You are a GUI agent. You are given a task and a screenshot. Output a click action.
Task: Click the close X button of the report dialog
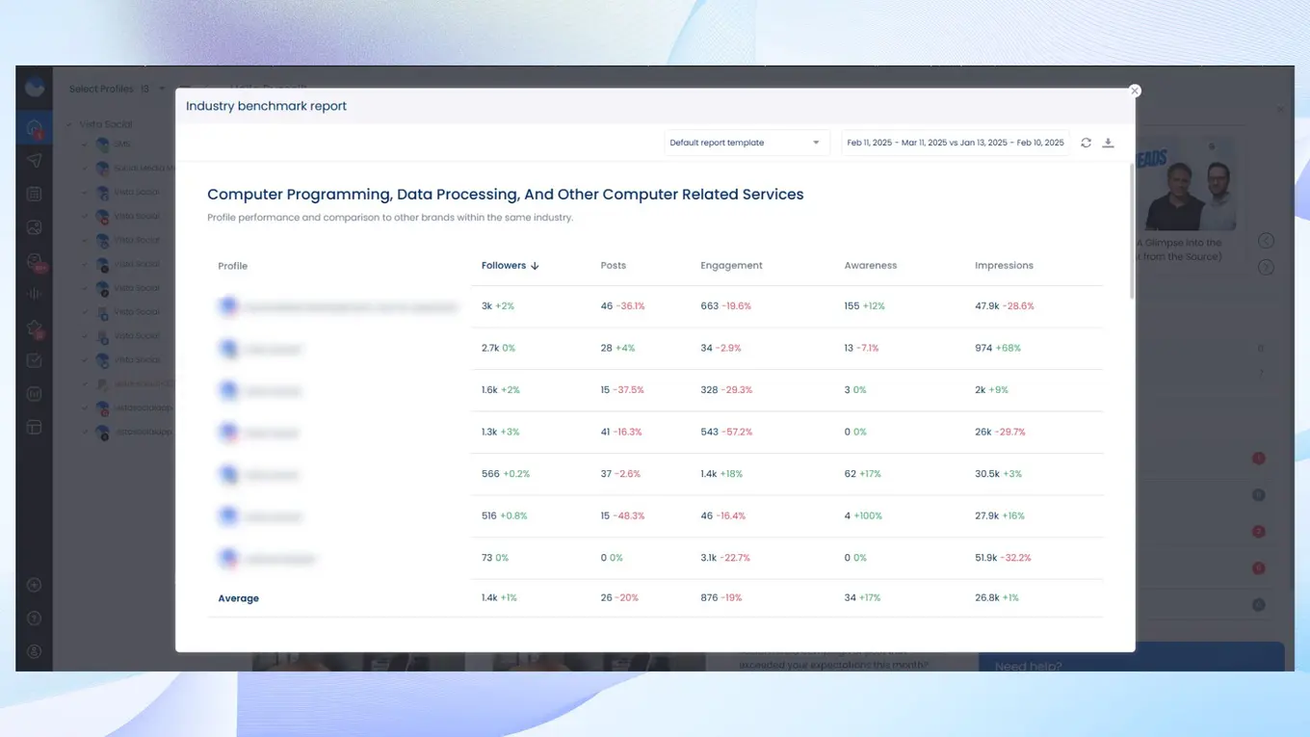(1135, 91)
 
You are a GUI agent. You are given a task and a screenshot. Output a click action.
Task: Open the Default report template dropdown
(747, 143)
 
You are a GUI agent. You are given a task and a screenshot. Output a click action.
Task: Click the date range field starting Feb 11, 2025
(955, 143)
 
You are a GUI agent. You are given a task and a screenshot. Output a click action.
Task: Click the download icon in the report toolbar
(1108, 143)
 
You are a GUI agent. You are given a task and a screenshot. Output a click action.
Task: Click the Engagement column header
(731, 266)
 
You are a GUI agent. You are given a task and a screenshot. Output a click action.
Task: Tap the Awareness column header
(870, 266)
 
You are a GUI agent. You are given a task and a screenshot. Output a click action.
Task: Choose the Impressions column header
(1004, 266)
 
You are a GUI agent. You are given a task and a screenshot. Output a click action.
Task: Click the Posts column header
(614, 266)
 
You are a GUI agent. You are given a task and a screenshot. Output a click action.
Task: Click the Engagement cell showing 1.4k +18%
(721, 474)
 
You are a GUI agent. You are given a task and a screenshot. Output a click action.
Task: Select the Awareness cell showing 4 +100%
(863, 516)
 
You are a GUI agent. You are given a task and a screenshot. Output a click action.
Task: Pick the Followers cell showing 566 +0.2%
(506, 474)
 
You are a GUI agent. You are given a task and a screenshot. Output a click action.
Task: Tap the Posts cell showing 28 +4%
(617, 348)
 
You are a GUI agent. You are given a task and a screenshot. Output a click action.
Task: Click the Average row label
(239, 598)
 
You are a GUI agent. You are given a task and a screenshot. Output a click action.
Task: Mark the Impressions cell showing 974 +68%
(997, 348)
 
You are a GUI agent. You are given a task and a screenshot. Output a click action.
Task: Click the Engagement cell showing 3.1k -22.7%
(725, 558)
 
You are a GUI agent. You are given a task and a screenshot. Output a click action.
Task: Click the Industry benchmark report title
(266, 106)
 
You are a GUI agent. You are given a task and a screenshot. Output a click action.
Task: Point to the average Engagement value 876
(710, 598)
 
